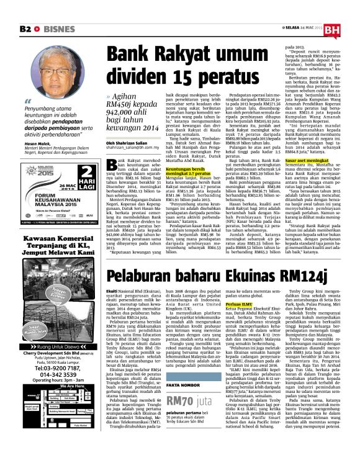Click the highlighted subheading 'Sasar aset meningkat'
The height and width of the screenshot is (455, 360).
[306, 160]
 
